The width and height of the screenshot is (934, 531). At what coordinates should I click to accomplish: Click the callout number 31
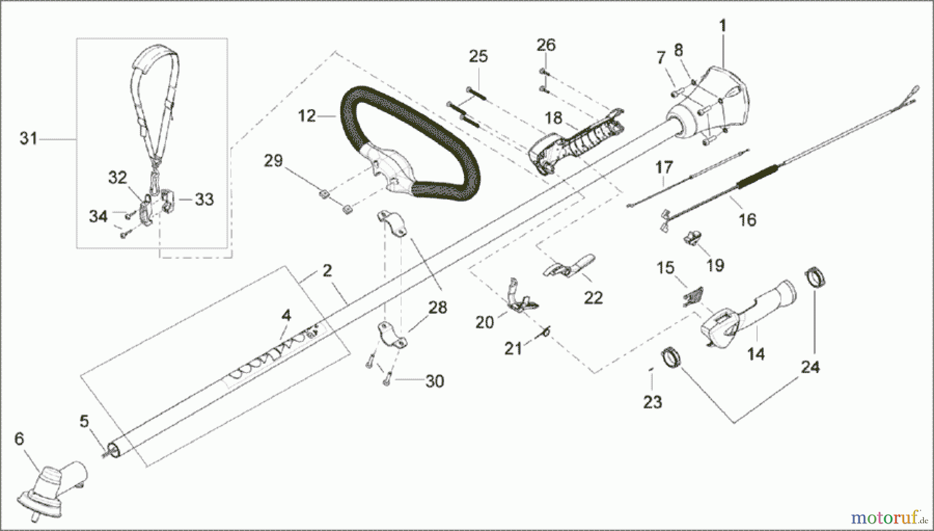[29, 139]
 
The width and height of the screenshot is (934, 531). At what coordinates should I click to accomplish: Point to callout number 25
[478, 57]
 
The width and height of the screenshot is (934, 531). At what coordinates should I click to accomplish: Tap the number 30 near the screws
[434, 381]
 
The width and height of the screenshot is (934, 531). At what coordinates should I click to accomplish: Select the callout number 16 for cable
[747, 220]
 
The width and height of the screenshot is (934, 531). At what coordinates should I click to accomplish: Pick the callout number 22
[593, 298]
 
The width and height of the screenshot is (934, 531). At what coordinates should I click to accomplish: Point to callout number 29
[273, 161]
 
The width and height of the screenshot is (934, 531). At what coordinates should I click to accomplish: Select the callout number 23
[652, 402]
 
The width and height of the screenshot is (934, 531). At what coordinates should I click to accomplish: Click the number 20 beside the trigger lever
[485, 323]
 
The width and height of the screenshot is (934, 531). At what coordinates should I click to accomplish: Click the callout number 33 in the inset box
[203, 199]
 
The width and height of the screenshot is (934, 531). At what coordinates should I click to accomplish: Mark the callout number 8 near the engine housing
[678, 50]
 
